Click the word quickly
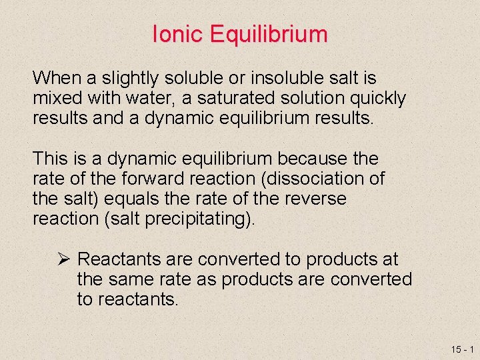(373, 99)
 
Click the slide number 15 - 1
(461, 349)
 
